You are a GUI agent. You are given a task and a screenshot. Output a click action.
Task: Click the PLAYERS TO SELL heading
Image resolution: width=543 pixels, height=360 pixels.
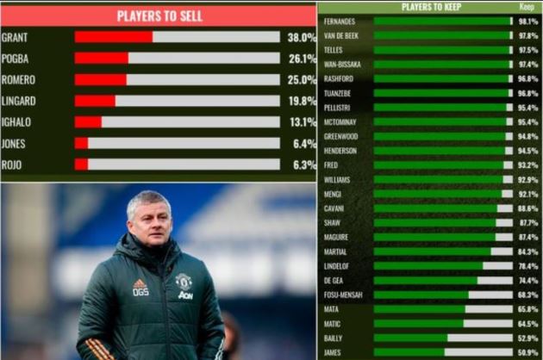(158, 16)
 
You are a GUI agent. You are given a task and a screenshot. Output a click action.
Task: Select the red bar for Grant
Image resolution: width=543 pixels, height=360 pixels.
(114, 37)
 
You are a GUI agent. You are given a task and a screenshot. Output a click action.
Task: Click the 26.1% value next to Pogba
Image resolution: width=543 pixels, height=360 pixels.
(302, 59)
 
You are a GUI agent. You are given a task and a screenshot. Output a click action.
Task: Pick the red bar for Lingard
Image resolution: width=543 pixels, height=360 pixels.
(95, 101)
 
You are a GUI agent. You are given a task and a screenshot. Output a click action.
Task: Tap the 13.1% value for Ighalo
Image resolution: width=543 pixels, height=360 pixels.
(302, 122)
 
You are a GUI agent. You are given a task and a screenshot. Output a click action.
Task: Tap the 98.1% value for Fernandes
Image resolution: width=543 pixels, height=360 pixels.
(528, 21)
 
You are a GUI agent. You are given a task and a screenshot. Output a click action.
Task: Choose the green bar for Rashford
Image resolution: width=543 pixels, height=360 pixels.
(440, 78)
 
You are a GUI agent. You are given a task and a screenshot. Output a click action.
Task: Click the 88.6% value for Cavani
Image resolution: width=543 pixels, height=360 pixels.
(528, 208)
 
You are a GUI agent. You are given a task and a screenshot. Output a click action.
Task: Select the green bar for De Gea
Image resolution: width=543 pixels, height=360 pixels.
(425, 281)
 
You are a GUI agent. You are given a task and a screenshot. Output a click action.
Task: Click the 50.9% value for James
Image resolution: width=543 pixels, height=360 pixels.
(528, 353)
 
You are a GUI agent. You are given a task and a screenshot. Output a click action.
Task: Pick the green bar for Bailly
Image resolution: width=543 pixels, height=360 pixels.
(410, 338)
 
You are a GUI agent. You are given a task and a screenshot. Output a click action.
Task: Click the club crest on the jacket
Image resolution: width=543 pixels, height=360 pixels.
(183, 280)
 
